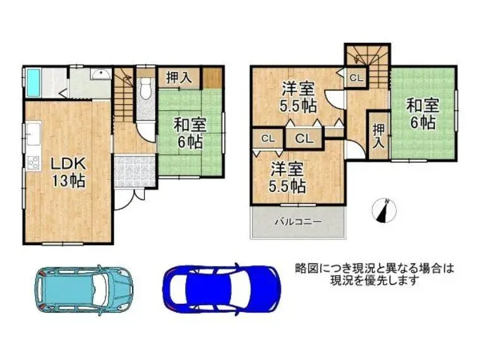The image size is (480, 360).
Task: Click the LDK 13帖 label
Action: pyautogui.click(x=68, y=172)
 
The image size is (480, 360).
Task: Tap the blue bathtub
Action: pyautogui.click(x=33, y=81)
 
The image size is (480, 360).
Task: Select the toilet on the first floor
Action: pyautogui.click(x=145, y=88)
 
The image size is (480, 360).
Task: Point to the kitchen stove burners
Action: pyautogui.click(x=33, y=162)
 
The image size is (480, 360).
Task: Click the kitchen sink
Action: pyautogui.click(x=33, y=134)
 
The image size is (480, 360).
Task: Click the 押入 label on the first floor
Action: pyautogui.click(x=179, y=77)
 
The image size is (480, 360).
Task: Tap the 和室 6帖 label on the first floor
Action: pyautogui.click(x=190, y=133)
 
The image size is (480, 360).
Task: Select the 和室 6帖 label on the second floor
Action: pyautogui.click(x=423, y=114)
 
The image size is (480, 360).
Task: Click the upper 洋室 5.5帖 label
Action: pyautogui.click(x=298, y=97)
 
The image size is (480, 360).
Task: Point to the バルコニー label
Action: pyautogui.click(x=298, y=221)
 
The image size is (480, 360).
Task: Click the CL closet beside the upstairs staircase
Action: pyautogui.click(x=356, y=78)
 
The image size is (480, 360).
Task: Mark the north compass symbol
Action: pyautogui.click(x=384, y=210)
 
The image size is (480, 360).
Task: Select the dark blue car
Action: pyautogui.click(x=222, y=289)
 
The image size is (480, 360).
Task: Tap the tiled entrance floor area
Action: pyautogui.click(x=135, y=171)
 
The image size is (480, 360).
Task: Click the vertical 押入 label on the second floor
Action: pyautogui.click(x=378, y=136)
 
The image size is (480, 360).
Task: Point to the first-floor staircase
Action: pyautogui.click(x=123, y=94)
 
